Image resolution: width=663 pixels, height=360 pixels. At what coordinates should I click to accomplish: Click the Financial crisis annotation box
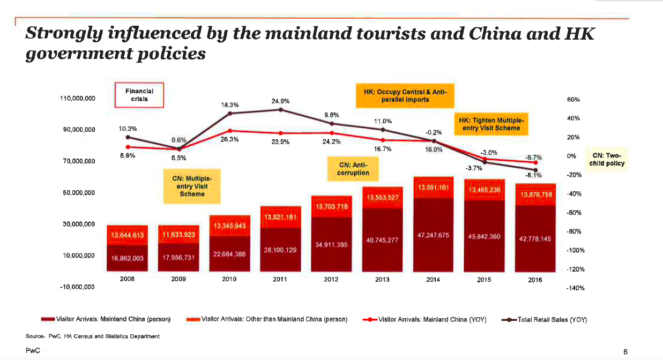click(139, 95)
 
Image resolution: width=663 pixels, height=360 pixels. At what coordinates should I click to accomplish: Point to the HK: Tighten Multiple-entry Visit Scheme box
click(491, 124)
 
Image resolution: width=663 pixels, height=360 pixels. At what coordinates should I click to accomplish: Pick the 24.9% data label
click(281, 101)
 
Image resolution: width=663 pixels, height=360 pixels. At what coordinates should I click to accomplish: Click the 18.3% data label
click(229, 105)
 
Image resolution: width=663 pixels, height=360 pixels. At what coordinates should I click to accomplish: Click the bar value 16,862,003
click(126, 258)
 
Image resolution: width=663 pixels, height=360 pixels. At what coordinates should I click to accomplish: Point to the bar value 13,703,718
click(332, 206)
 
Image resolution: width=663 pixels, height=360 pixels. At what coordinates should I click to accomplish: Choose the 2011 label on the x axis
click(280, 279)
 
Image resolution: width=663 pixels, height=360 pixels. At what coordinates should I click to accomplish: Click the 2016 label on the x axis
click(534, 280)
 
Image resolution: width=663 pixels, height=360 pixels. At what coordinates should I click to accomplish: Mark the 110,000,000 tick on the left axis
click(77, 99)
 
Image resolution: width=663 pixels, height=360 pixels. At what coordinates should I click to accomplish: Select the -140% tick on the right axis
click(575, 288)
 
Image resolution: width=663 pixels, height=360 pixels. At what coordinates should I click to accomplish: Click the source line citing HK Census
click(92, 336)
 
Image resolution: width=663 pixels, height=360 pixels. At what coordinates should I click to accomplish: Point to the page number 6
click(625, 351)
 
